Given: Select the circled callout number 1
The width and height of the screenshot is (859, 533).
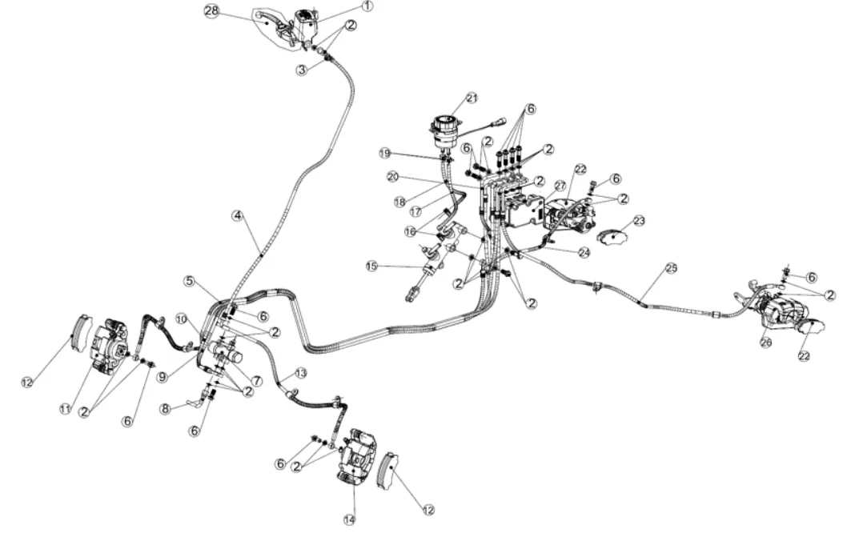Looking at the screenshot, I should tap(367, 6).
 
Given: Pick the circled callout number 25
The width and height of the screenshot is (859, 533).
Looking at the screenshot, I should tap(671, 268).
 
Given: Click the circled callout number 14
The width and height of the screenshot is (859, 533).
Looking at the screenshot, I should tap(349, 519).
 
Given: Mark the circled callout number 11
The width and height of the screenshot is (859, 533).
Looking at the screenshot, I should tap(66, 408).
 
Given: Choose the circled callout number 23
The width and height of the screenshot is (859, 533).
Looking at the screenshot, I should tap(638, 220).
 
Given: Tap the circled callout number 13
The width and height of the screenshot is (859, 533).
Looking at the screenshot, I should tap(301, 373).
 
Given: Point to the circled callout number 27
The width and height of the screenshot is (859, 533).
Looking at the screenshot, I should tap(560, 185).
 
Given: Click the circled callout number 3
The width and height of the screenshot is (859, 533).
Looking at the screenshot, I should tap(301, 70).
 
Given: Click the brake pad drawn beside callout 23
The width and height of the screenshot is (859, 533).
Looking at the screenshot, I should tap(614, 238).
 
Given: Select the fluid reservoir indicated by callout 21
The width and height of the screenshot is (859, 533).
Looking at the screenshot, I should tap(443, 133).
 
